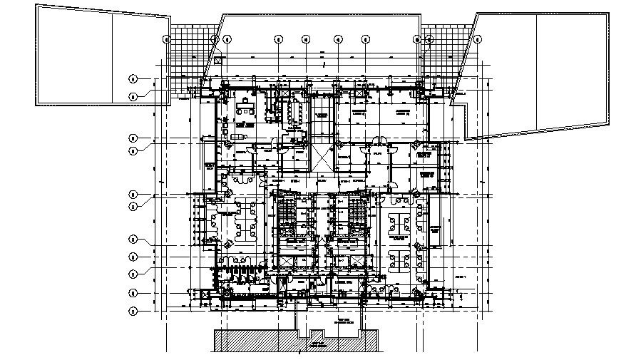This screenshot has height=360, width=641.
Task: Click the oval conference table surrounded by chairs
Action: point(294,111)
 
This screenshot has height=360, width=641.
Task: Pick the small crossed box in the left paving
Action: point(218,61)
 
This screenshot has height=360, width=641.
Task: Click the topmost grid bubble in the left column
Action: point(133,78)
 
